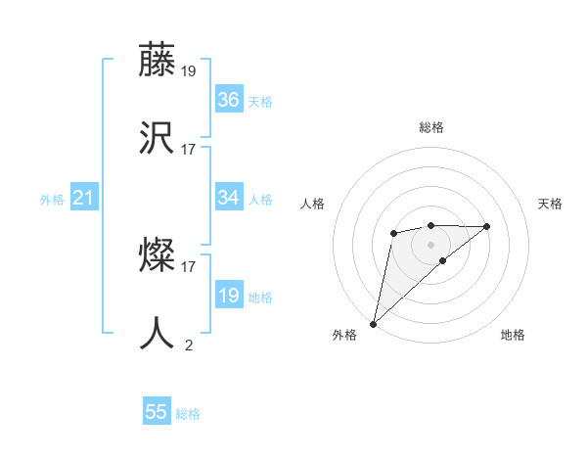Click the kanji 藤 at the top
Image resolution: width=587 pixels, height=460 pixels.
157,60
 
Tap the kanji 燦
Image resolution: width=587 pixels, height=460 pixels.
157,256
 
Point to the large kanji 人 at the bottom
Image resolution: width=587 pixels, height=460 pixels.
157,334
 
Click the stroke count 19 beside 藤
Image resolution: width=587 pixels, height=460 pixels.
189,70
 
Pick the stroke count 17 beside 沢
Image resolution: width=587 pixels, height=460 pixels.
189,150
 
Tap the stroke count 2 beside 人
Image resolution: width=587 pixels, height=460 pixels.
189,345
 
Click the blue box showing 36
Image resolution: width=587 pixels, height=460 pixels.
228,99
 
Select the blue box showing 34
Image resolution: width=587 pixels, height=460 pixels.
228,198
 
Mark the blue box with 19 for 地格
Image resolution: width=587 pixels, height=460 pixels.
228,296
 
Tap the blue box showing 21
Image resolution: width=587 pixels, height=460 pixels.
83,199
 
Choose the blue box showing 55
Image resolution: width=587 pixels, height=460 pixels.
157,412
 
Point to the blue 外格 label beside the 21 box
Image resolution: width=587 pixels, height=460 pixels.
52,200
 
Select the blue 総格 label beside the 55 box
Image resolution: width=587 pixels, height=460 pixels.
188,414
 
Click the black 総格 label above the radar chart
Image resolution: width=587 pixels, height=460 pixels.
430,127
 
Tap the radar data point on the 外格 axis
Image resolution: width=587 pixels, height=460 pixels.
373,323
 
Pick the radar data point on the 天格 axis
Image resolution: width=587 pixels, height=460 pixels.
487,226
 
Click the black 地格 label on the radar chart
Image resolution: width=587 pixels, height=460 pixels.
513,335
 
